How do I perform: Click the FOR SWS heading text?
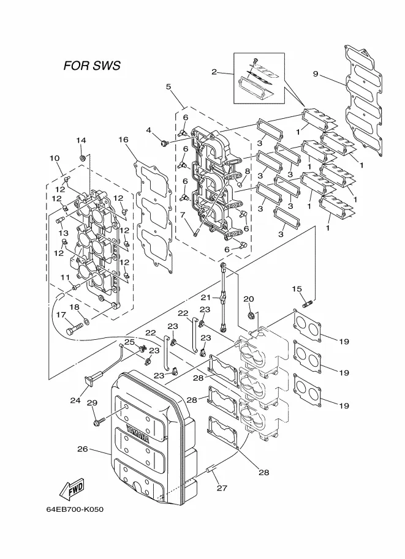(92, 66)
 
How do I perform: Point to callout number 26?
(83, 449)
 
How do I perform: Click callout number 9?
(316, 74)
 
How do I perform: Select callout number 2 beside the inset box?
(214, 72)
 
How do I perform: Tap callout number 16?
(124, 140)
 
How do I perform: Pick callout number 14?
(81, 140)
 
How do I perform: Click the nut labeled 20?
(250, 315)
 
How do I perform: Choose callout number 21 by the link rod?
(205, 298)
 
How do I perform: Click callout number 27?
(222, 488)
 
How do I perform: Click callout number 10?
(55, 158)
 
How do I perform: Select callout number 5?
(168, 86)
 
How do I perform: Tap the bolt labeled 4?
(165, 144)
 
